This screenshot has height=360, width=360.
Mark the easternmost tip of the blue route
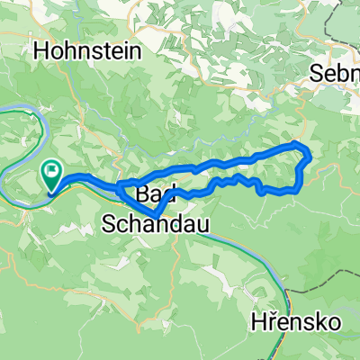(x=310, y=158)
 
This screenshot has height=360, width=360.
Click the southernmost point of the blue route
(x=156, y=217)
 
